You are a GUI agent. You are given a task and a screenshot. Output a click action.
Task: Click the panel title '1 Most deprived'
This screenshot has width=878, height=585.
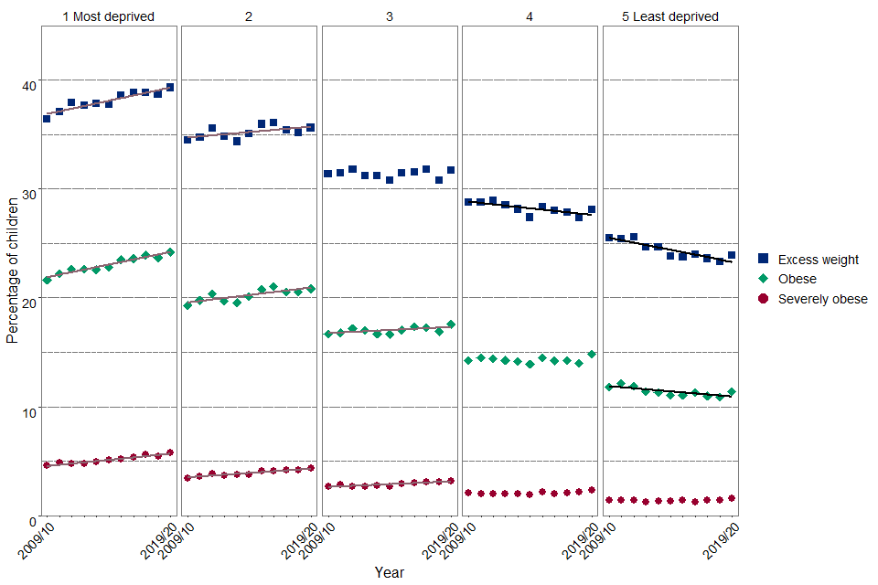coord(108,16)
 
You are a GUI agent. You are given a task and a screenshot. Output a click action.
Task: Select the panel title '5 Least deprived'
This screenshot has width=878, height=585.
coord(670,16)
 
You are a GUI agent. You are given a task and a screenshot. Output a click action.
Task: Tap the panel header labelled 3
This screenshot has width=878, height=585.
coord(390,16)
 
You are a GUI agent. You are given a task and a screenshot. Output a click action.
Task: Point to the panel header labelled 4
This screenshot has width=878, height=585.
coord(530,16)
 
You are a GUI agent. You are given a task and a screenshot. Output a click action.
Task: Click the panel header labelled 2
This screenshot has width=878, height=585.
coord(249,16)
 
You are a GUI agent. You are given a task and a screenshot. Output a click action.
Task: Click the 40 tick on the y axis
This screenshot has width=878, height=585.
coord(29,85)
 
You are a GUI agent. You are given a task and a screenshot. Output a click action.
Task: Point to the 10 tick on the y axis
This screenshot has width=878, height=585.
coord(29,411)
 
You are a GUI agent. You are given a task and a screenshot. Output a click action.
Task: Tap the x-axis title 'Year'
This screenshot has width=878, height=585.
coord(389,572)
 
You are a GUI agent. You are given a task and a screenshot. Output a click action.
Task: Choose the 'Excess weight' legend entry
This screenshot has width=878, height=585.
coord(818,260)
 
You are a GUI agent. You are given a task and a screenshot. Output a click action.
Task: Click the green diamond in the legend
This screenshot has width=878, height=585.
coord(764,279)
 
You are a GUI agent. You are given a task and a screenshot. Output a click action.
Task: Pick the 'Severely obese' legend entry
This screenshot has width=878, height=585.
coord(822,299)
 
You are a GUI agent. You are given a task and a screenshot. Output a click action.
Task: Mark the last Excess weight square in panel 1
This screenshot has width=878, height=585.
coord(170,87)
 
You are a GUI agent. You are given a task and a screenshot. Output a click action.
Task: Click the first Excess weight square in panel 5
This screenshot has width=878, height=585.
coord(609,238)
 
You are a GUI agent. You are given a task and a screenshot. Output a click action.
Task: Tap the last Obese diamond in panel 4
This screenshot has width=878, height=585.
coord(592,354)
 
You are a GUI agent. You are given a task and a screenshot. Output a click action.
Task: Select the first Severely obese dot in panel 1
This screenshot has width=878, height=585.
coord(47,465)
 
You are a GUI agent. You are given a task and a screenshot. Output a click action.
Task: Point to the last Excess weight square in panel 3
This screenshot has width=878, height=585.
coord(451,170)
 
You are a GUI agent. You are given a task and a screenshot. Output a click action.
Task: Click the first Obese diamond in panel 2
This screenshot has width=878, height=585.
coord(187,305)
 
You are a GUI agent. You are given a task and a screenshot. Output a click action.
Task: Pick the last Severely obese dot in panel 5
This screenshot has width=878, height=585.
coord(732,498)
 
